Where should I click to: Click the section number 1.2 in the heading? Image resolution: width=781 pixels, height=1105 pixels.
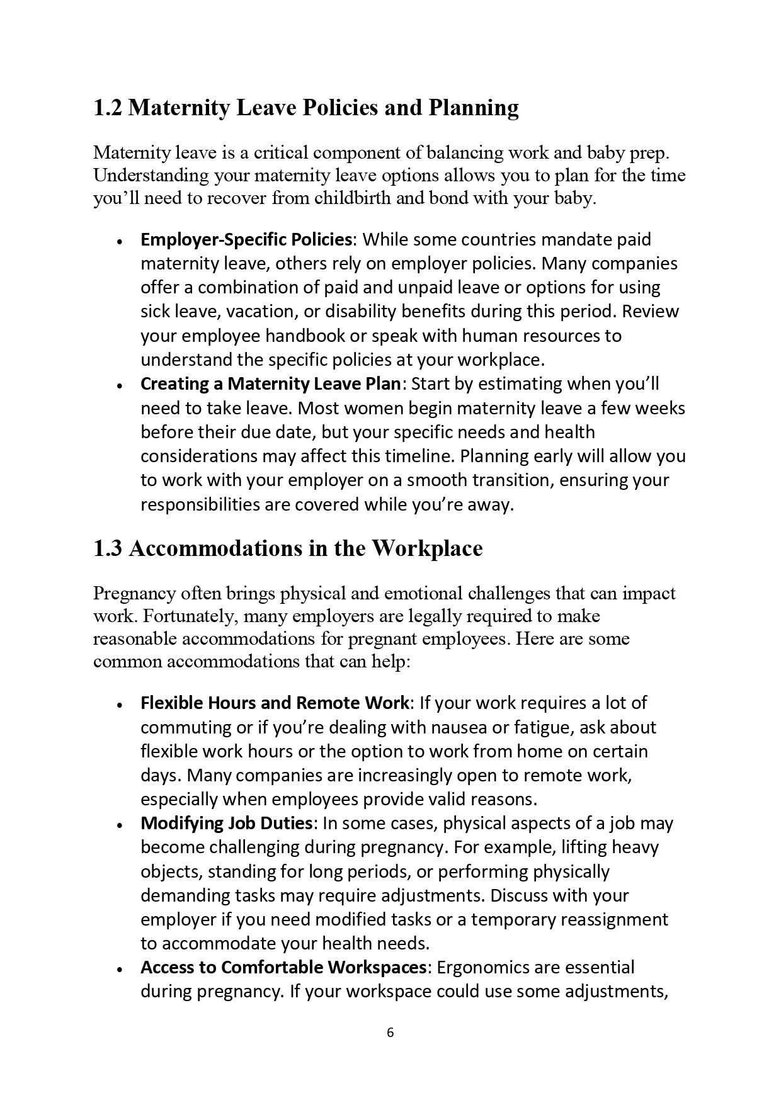pyautogui.click(x=108, y=108)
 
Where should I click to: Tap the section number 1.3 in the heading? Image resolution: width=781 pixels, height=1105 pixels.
pyautogui.click(x=108, y=548)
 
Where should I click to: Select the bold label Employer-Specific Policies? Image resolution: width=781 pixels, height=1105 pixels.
pyautogui.click(x=246, y=240)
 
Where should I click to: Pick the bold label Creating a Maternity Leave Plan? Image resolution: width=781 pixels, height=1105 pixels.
pyautogui.click(x=270, y=384)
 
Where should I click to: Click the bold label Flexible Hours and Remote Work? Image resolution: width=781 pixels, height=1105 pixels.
pyautogui.click(x=275, y=703)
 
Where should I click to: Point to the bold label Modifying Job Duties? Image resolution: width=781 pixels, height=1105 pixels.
pyautogui.click(x=227, y=823)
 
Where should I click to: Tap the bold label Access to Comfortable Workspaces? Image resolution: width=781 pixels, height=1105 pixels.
pyautogui.click(x=284, y=967)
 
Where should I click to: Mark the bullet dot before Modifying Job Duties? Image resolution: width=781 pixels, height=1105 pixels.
pyautogui.click(x=118, y=824)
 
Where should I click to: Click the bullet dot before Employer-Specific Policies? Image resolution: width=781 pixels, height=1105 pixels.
pyautogui.click(x=118, y=241)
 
